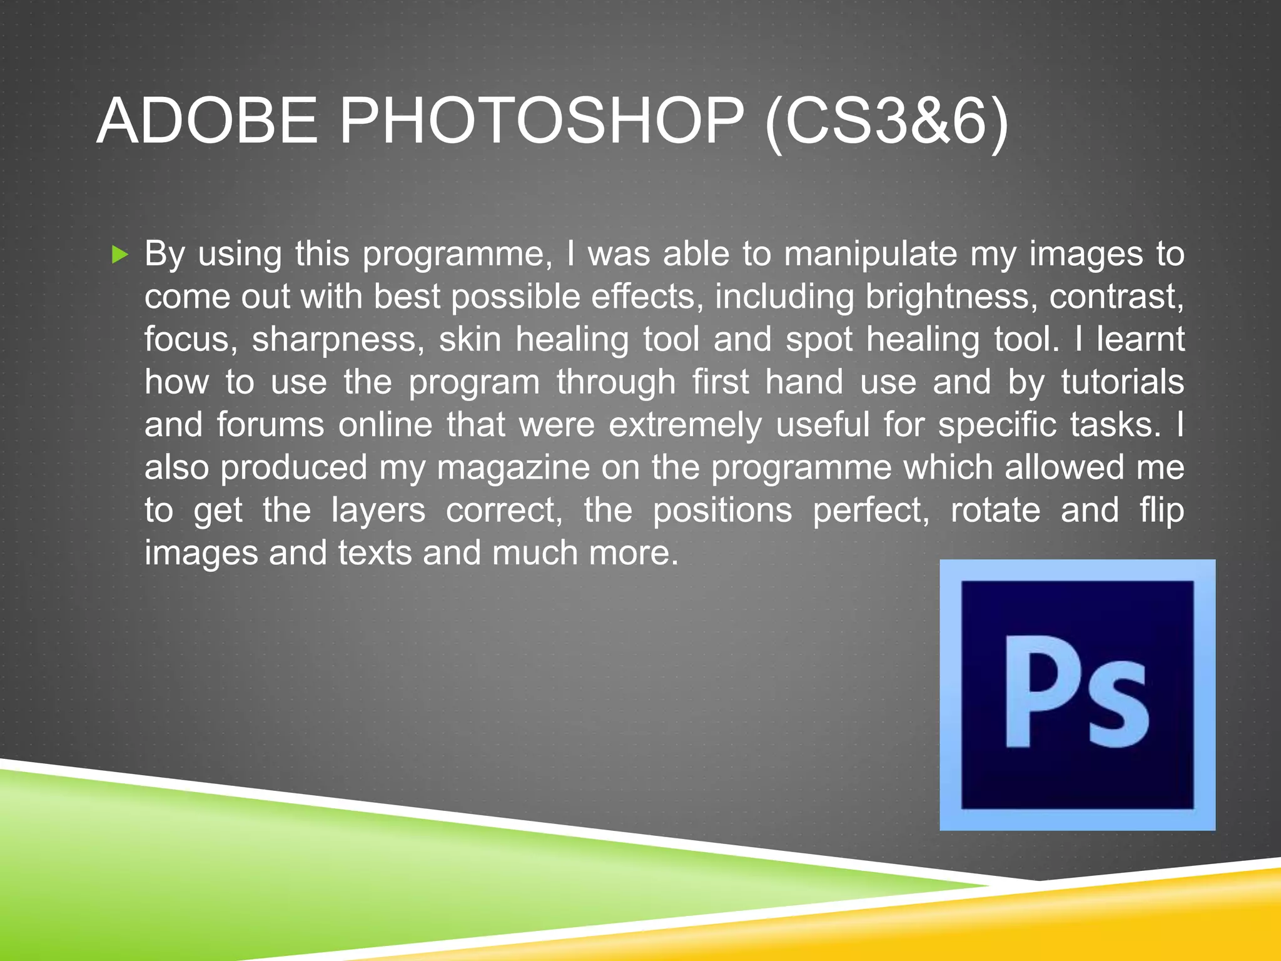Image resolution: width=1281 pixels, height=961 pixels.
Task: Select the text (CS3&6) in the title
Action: pos(886,122)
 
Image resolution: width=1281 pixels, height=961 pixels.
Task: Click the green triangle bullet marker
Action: pos(119,255)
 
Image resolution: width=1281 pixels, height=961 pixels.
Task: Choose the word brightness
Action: pos(947,297)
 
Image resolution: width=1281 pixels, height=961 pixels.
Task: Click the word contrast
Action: pos(1116,297)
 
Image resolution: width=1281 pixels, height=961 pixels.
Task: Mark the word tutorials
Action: pos(1122,382)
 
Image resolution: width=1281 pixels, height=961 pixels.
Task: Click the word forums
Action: pos(270,425)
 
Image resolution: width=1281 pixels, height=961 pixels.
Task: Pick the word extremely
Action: pos(685,425)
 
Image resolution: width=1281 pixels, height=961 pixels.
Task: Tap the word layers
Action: pos(378,511)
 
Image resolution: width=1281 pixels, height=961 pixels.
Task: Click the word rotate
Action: pos(995,511)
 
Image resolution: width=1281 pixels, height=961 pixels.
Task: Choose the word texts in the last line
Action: pos(375,553)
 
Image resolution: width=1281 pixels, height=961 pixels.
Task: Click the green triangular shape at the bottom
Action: pos(313,876)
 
